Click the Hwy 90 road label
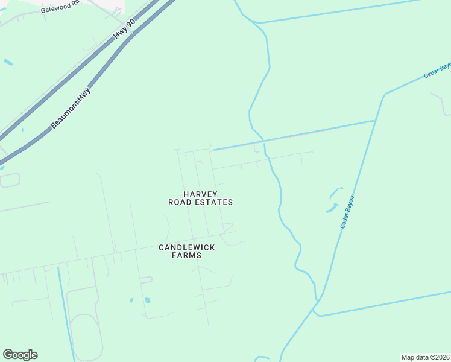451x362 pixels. pyautogui.click(x=124, y=31)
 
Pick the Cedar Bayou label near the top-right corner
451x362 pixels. pyautogui.click(x=437, y=69)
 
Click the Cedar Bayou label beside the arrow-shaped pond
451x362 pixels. pyautogui.click(x=347, y=212)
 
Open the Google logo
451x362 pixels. pyautogui.click(x=20, y=355)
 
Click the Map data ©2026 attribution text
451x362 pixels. pyautogui.click(x=424, y=357)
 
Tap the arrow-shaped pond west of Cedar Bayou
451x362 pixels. pyautogui.click(x=333, y=208)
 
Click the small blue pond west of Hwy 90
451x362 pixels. pyautogui.click(x=8, y=62)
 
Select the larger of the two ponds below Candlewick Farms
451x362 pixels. pyautogui.click(x=147, y=300)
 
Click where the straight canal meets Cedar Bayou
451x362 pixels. pyautogui.click(x=374, y=121)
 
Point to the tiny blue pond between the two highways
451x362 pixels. pyautogui.click(x=22, y=129)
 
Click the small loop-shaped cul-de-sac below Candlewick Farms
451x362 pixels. pyautogui.click(x=146, y=279)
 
